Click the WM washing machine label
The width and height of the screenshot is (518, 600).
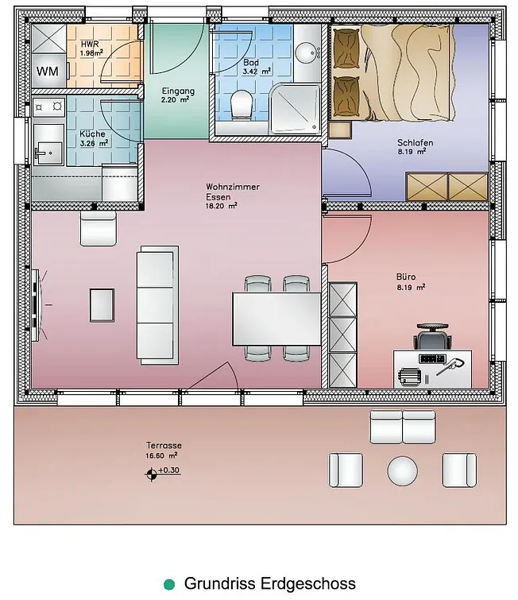[x=48, y=72]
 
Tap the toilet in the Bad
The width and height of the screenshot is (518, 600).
[x=242, y=103]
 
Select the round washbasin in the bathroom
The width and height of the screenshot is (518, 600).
[x=307, y=52]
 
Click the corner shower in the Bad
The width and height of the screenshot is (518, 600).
[x=295, y=109]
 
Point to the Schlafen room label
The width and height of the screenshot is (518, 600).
[x=415, y=143]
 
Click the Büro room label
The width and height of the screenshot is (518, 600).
[x=406, y=277]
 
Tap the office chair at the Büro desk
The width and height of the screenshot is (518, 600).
[x=432, y=337]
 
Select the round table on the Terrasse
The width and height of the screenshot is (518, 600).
[x=403, y=470]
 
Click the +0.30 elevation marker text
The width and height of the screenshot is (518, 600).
[x=168, y=470]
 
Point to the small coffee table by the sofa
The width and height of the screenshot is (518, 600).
[x=102, y=305]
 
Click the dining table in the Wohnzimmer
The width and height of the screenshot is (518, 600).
[x=276, y=319]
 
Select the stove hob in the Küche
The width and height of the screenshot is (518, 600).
[x=48, y=106]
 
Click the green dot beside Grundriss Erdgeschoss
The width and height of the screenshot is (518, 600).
[x=169, y=584]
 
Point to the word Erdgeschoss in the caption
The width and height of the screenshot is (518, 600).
[x=308, y=584]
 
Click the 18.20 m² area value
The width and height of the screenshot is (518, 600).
[x=221, y=206]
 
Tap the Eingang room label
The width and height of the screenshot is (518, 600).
[x=178, y=91]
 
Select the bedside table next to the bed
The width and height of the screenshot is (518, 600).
[x=340, y=130]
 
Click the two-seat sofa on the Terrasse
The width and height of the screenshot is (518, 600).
[x=403, y=427]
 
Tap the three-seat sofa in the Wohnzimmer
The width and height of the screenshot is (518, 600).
[x=157, y=304]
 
